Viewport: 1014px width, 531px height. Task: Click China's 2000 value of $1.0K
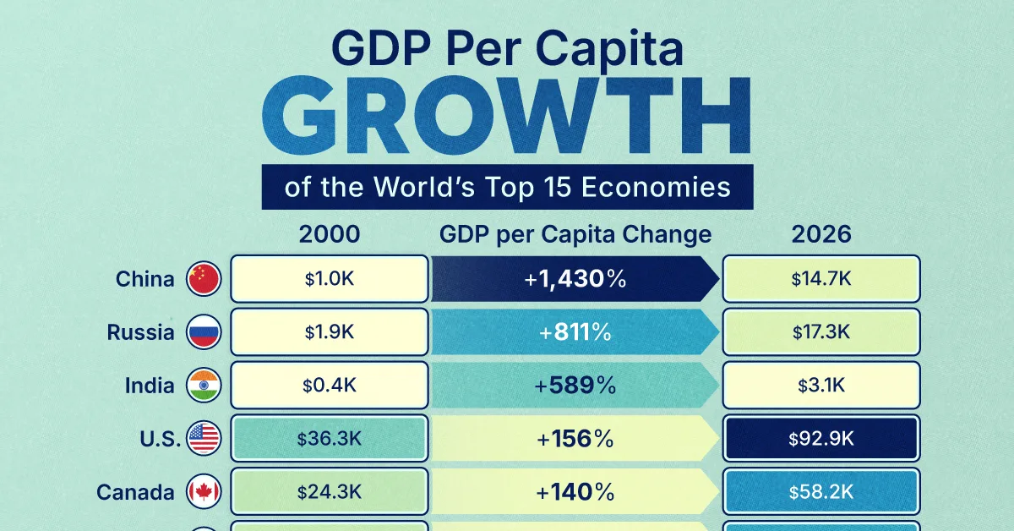330,279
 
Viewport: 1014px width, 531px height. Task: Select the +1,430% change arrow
575,279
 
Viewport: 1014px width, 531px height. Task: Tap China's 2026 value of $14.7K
821,279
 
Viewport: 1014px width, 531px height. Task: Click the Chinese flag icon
204,279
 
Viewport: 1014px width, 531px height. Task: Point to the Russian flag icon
204,332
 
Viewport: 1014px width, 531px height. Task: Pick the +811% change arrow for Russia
575,332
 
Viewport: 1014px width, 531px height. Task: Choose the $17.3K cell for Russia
821,332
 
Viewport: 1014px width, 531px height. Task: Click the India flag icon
204,386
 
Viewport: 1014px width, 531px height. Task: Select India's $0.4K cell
330,386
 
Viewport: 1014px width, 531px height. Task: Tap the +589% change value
575,386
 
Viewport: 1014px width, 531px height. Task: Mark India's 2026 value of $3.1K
821,386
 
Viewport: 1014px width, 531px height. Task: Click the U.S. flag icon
204,439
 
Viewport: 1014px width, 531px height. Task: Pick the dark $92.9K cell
821,439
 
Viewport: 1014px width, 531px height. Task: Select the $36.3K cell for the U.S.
330,439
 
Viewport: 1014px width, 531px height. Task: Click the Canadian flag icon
204,492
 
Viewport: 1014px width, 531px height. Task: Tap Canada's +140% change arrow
575,492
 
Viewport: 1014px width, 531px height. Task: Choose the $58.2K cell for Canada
821,492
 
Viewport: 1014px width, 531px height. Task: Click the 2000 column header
330,234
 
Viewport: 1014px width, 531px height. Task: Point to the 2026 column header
821,234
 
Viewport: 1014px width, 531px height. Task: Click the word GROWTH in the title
506,118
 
